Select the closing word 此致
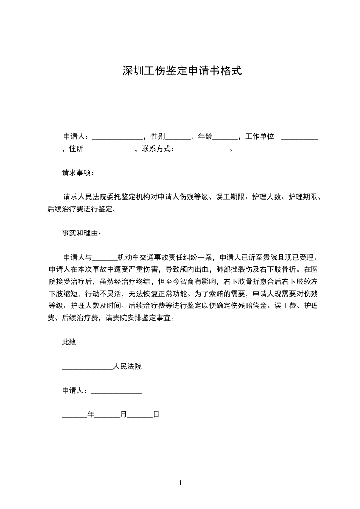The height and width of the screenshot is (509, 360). tap(69, 342)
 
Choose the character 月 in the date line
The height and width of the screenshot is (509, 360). tap(123, 415)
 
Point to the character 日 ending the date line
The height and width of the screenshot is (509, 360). tap(156, 415)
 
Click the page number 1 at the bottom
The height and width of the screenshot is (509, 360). tap(180, 483)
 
